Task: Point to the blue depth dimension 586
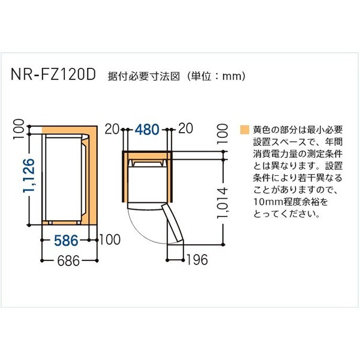tap(65, 240)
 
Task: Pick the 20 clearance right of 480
tap(185, 129)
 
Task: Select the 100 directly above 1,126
tap(20, 128)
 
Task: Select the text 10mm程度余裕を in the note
tap(281, 201)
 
